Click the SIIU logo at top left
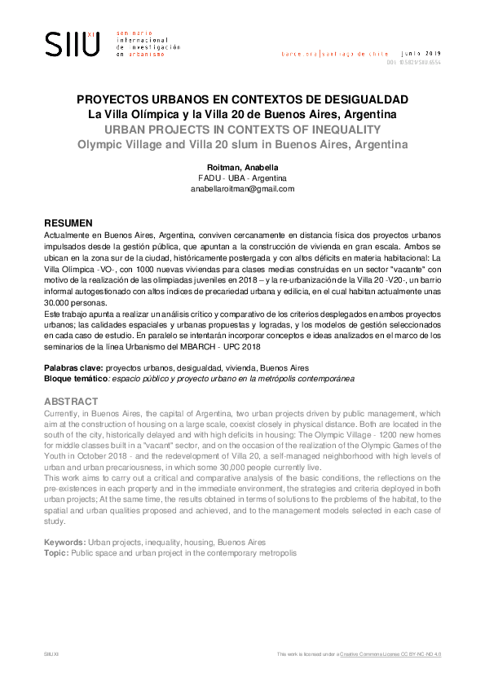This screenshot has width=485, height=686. (72, 43)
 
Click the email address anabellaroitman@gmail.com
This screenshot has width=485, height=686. (242, 188)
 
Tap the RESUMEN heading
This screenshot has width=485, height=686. (68, 222)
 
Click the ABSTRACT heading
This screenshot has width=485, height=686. (70, 402)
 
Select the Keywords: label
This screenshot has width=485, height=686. (64, 543)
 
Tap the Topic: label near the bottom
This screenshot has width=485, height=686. (56, 552)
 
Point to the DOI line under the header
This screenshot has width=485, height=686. (413, 62)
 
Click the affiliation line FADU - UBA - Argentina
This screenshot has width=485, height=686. (242, 178)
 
